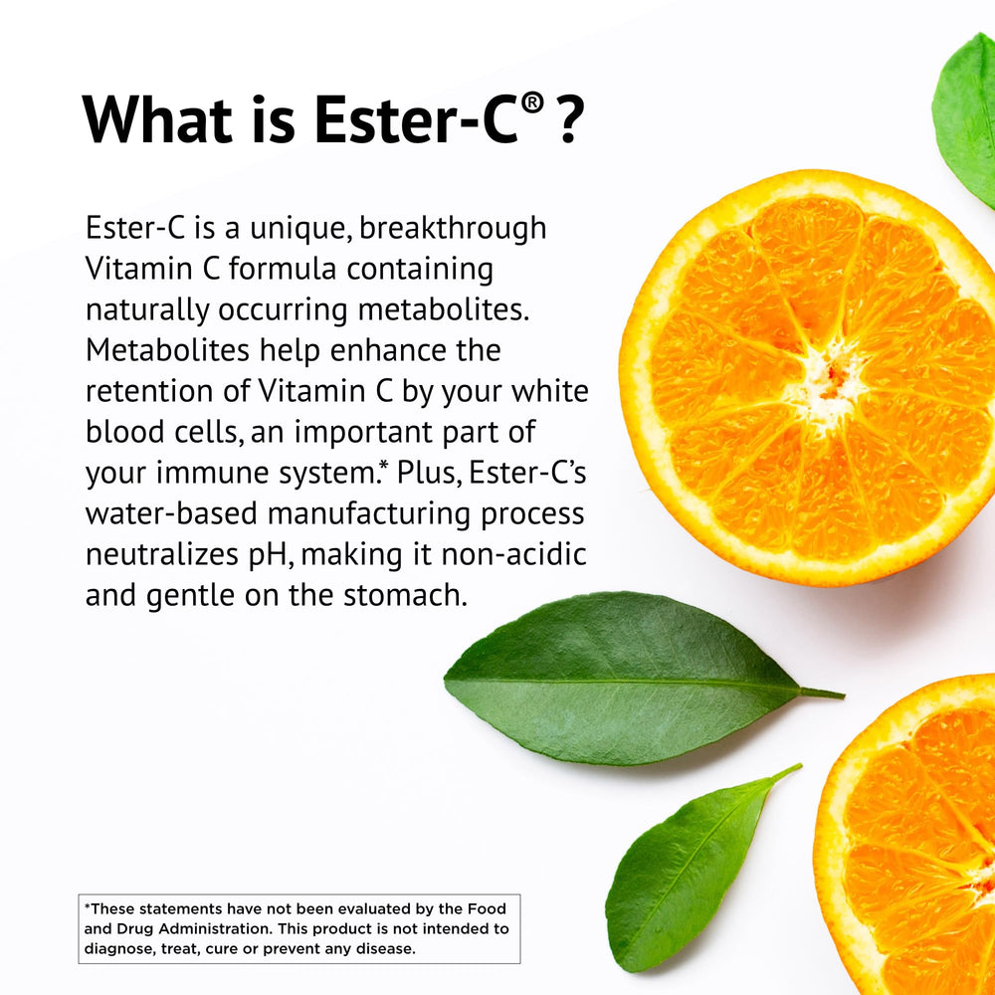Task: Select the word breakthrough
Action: tap(453, 228)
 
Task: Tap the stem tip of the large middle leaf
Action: tap(839, 695)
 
